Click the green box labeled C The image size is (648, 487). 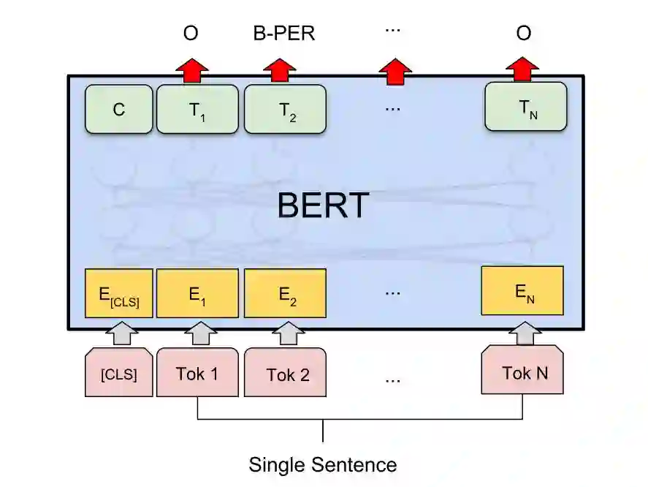tap(118, 110)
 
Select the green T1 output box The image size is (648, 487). tap(197, 110)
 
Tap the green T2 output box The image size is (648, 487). tap(284, 110)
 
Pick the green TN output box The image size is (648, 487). tap(526, 107)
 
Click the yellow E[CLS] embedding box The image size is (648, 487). tap(118, 294)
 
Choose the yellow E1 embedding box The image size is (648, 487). tap(197, 294)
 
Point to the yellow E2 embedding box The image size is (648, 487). tap(284, 294)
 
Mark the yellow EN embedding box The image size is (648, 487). tap(522, 291)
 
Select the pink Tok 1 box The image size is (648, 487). tap(197, 374)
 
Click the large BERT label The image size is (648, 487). tap(322, 205)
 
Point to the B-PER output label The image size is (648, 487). tap(284, 34)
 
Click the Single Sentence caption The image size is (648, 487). tap(322, 464)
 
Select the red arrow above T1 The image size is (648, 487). tap(191, 70)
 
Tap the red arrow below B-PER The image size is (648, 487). tap(279, 70)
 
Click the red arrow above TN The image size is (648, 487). tap(522, 70)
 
